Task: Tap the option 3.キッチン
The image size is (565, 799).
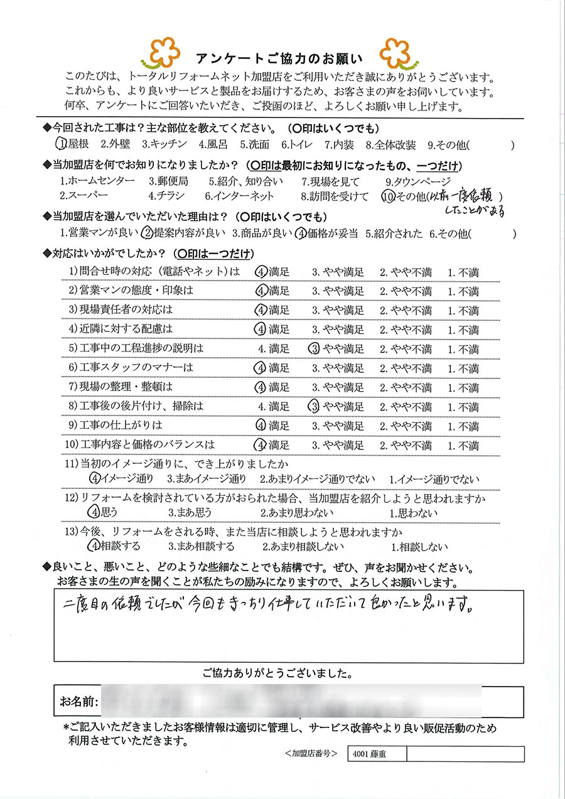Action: tap(164, 145)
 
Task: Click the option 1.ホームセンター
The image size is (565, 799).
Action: tap(97, 181)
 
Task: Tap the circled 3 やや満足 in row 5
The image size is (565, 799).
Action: tap(336, 349)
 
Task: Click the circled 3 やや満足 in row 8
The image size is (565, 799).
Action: tap(336, 407)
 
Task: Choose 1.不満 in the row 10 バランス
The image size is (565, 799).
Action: tap(463, 446)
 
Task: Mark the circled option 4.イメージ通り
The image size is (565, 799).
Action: tap(122, 479)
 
